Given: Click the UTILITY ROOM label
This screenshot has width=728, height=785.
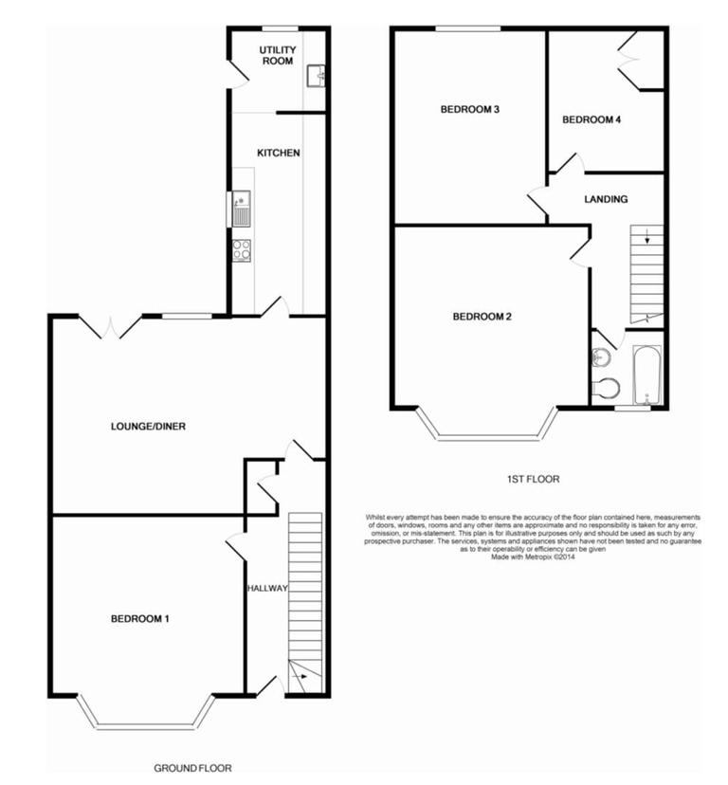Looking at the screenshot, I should (x=278, y=54).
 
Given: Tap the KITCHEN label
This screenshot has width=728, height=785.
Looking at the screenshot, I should (x=279, y=153).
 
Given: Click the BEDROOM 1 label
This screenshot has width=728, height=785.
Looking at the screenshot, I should (x=140, y=619).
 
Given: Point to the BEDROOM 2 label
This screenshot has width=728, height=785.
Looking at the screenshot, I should (x=482, y=317).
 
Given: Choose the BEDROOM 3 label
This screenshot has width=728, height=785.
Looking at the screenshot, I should (x=470, y=110).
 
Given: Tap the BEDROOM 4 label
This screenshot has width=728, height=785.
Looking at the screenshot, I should (x=592, y=120).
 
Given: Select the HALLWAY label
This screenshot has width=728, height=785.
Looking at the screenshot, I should (x=266, y=589).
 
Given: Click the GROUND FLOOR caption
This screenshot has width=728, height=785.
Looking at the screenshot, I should (x=193, y=768).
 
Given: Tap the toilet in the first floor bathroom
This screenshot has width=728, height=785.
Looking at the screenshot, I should (x=605, y=388).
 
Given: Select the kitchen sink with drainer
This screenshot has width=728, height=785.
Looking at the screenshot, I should (x=241, y=209).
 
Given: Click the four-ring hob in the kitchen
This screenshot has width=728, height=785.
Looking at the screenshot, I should (x=242, y=250).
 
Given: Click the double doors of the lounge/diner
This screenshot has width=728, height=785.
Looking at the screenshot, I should (x=110, y=327).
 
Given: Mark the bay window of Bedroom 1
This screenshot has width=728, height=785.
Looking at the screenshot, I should (x=145, y=722).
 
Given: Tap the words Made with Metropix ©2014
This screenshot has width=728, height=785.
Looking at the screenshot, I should (x=533, y=557).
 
